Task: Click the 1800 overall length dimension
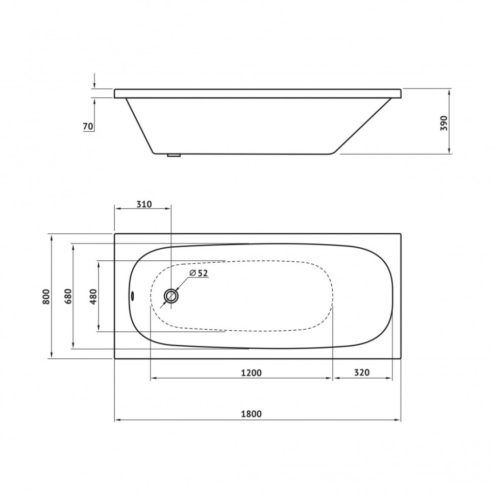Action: coord(252,414)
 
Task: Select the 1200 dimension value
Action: coord(252,373)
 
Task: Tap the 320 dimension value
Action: coord(361,373)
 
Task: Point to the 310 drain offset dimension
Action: coord(144,204)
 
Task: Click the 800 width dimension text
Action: coord(46,296)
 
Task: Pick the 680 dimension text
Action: coord(69,296)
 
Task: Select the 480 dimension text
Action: coord(93,296)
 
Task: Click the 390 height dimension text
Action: coord(443,122)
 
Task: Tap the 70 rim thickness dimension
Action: coord(88,126)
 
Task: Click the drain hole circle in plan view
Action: coord(171,296)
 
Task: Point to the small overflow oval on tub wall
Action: coord(132,295)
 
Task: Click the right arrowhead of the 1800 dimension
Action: coord(398,420)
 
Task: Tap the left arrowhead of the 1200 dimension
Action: coord(153,379)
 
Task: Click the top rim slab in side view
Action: coord(258,93)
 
